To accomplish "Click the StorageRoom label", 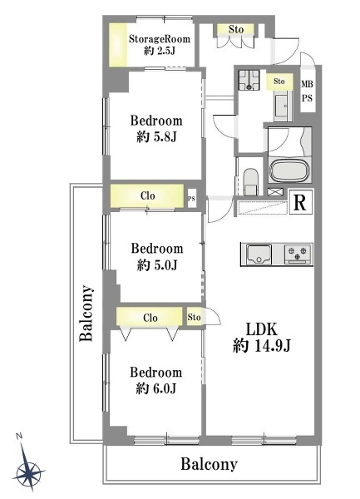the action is pos(160,39).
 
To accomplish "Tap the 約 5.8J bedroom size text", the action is pos(156,137).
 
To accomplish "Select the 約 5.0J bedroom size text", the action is pos(157,264).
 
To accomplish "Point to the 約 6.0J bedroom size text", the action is pos(156,388).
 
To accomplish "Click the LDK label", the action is pos(262,329).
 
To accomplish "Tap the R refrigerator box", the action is pos(300,202).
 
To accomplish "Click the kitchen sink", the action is pos(259,254).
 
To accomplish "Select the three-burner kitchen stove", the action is pos(298,254).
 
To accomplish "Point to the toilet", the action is pos(251,181).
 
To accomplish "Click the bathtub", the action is pos(289,170).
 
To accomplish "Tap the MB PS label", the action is pos(308,91).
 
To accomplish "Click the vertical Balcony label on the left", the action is pos(86,314).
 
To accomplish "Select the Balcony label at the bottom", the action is pos(209,464).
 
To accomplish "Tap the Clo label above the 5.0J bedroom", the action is pos(147,195).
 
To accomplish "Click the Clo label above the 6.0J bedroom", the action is pos(150,318).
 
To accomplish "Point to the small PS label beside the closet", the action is pos(191,200).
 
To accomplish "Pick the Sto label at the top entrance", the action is pos(236,30).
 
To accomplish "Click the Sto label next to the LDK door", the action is pos(194,318).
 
